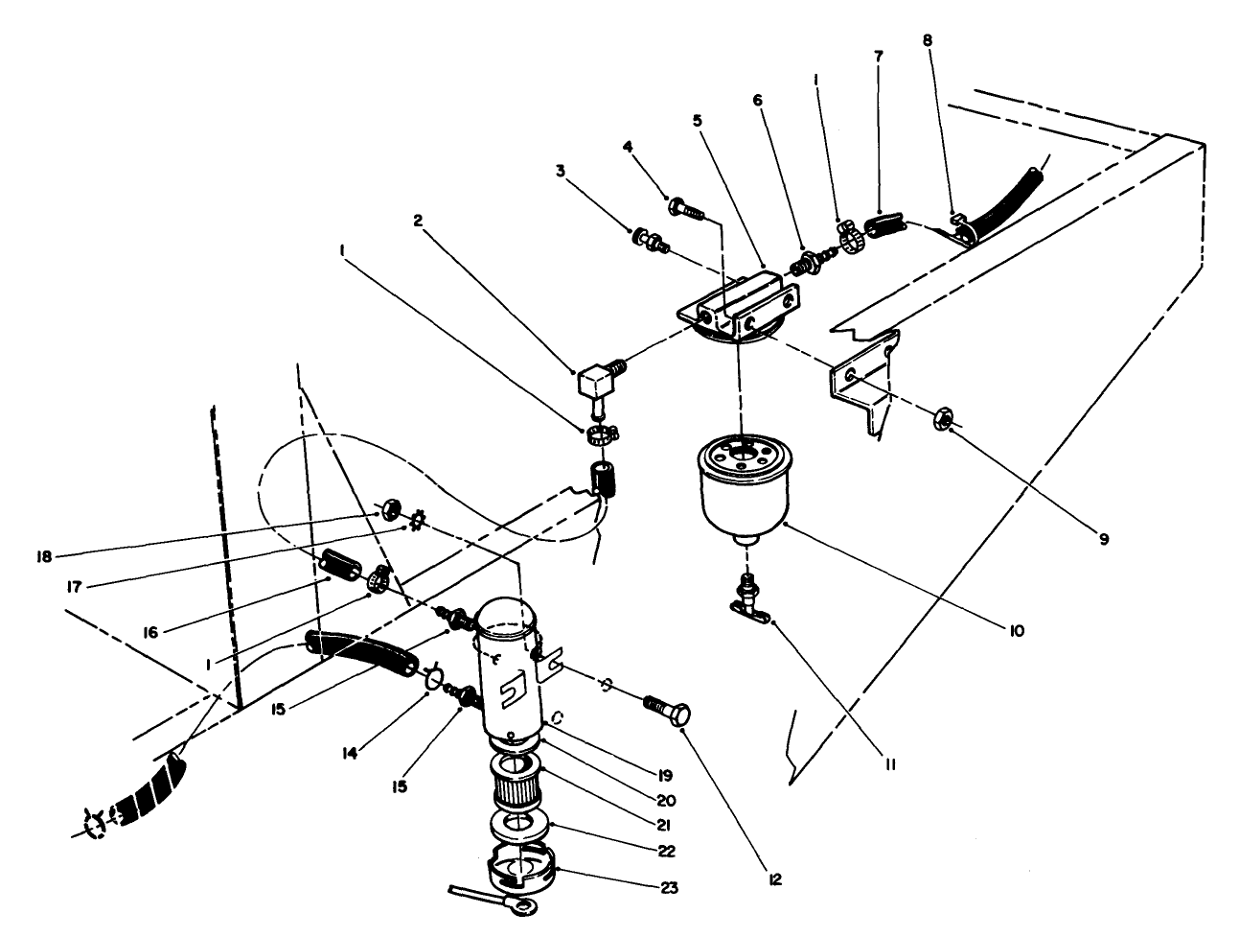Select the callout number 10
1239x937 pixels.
(1017, 631)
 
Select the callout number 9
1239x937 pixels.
(1103, 539)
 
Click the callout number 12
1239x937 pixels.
(775, 878)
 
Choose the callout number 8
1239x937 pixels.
(926, 40)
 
